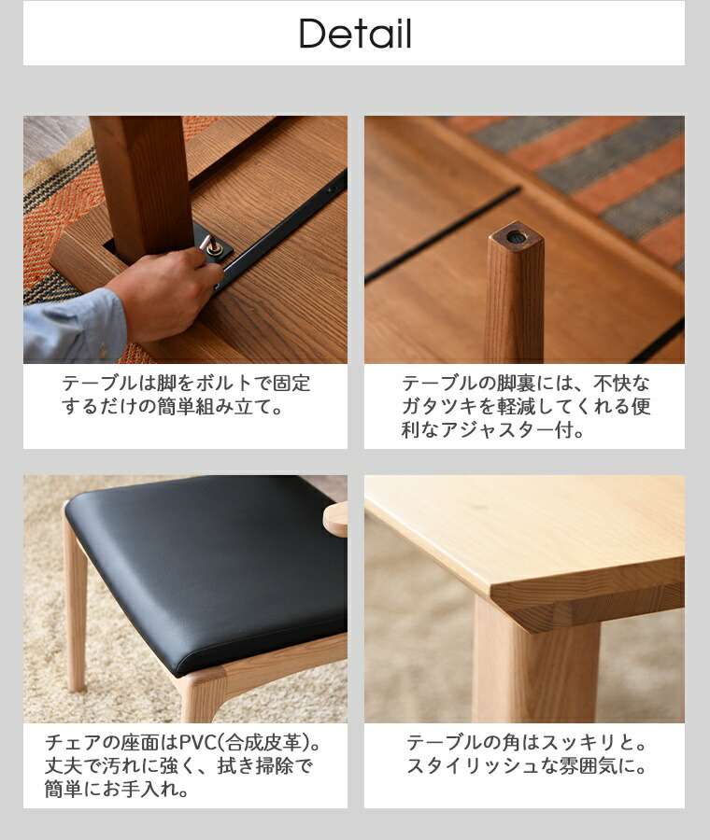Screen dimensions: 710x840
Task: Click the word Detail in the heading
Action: (355, 34)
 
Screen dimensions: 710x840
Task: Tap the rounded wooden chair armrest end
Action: (336, 519)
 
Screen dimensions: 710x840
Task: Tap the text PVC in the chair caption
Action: (198, 743)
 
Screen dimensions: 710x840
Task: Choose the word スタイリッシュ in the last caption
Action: (473, 765)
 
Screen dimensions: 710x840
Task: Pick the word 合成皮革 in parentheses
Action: (263, 743)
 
